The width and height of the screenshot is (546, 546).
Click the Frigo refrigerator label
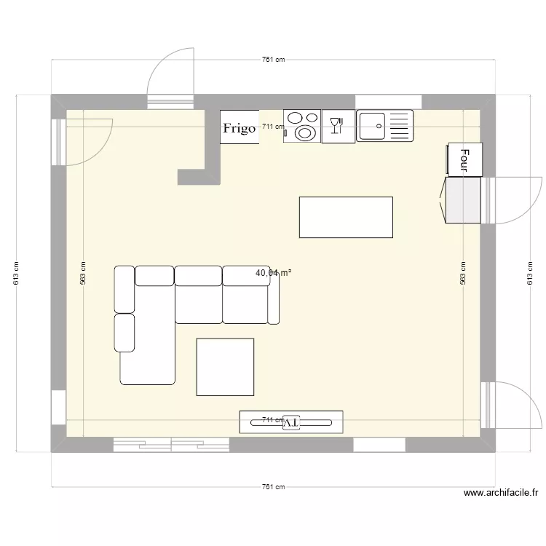[x=240, y=128]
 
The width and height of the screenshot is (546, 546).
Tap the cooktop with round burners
[x=302, y=125]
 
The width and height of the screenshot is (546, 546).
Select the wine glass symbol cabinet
[x=338, y=127]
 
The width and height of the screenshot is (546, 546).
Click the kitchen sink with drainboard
[x=384, y=125]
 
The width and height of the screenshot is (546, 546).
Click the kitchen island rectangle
[x=346, y=217]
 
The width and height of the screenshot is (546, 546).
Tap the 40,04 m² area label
[x=273, y=274]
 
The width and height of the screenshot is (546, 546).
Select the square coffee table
[x=225, y=367]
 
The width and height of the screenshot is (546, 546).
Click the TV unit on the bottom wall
[x=291, y=422]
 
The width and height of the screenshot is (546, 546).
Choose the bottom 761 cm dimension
[x=273, y=487]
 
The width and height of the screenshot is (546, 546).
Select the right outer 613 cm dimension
[x=530, y=273]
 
